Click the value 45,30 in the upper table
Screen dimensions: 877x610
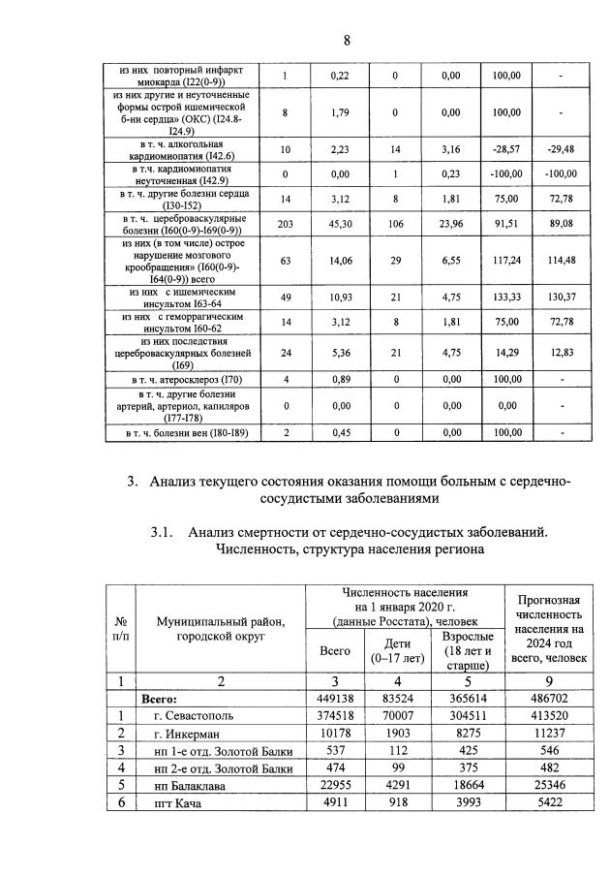click(x=339, y=224)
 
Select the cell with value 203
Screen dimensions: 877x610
click(x=285, y=224)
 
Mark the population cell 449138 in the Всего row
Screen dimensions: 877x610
click(x=334, y=698)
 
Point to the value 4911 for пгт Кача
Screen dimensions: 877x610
click(x=334, y=802)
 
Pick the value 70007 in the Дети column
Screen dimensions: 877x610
click(x=392, y=715)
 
